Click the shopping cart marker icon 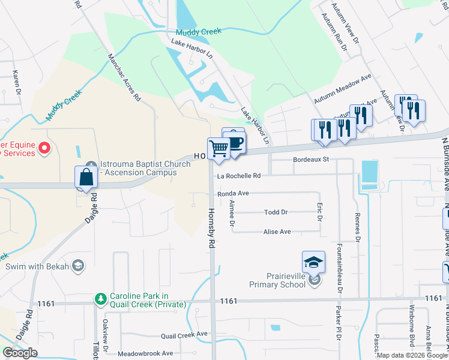(x=219, y=148)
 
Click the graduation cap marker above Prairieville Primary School (x=313, y=262)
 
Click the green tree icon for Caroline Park (x=100, y=298)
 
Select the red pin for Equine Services (x=43, y=148)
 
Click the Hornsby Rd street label (x=211, y=228)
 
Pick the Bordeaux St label (x=312, y=160)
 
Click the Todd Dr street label (x=276, y=212)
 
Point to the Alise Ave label (x=277, y=232)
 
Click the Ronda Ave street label (x=233, y=194)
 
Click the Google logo (x=20, y=353)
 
